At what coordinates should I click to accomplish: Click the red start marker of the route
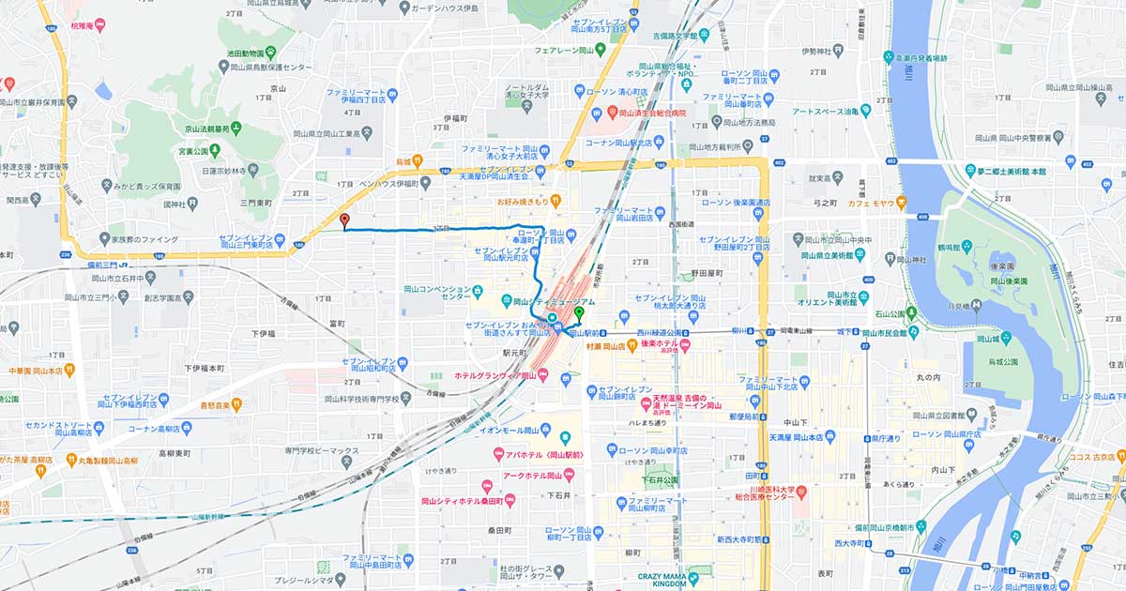[344, 221]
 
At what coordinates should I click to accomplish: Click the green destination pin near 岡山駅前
[579, 313]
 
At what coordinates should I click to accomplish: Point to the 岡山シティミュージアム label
[556, 302]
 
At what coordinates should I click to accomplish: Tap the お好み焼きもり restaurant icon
[555, 200]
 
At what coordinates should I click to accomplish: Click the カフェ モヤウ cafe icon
[900, 202]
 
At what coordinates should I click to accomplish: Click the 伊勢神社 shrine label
[820, 51]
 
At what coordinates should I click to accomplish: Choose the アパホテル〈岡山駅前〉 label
[542, 456]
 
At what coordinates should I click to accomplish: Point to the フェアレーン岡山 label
[567, 51]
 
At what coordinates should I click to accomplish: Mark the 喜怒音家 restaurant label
[216, 405]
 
